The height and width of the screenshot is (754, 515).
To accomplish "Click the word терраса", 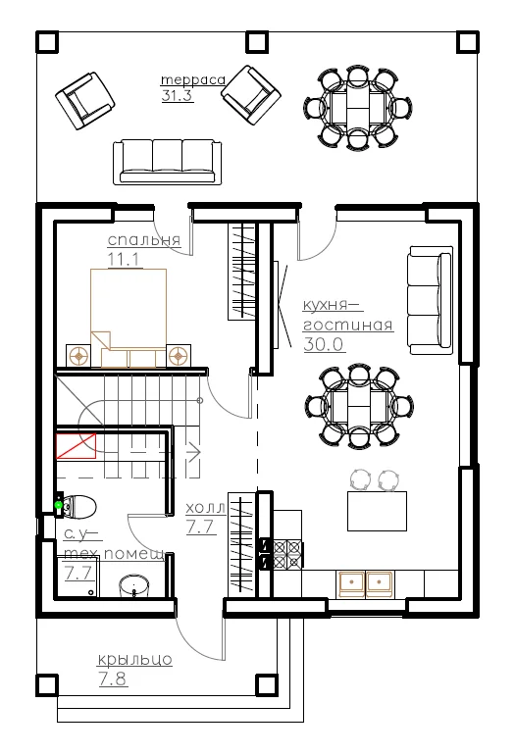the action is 192,79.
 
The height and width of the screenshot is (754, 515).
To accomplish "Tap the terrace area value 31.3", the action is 177,95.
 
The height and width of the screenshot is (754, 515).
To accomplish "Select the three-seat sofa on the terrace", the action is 168,162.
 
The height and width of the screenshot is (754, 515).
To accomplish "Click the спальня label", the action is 144,239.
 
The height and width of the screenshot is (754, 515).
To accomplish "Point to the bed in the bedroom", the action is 129,319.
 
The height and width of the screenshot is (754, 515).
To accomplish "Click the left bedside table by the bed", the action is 77,356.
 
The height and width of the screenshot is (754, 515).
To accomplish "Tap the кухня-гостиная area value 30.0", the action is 323,344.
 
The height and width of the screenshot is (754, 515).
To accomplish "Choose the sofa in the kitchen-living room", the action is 431,300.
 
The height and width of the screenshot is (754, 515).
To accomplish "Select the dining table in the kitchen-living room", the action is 360,406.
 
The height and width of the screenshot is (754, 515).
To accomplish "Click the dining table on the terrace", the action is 358,108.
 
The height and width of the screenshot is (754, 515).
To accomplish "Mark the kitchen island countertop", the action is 377,511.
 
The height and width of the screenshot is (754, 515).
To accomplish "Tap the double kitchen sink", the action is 365,583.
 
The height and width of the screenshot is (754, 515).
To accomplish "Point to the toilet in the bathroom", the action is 77,507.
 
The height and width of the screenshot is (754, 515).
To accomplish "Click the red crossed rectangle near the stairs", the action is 77,446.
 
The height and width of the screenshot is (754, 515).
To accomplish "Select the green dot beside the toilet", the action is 59,505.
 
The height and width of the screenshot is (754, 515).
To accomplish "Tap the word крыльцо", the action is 134,660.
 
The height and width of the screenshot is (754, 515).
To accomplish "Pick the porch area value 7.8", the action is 113,679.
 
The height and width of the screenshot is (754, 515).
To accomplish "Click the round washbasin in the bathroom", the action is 134,585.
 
